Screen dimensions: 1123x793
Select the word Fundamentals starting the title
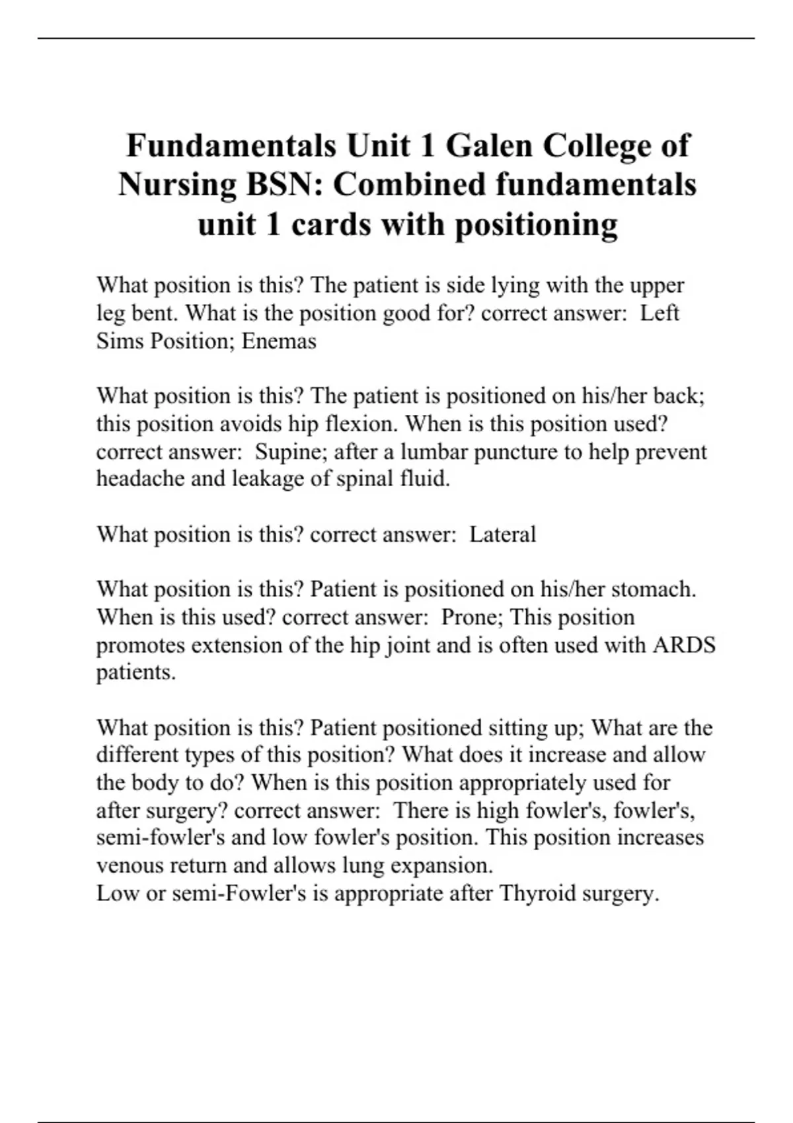231,145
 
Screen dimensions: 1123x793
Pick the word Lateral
502,534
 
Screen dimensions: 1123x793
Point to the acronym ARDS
684,645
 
